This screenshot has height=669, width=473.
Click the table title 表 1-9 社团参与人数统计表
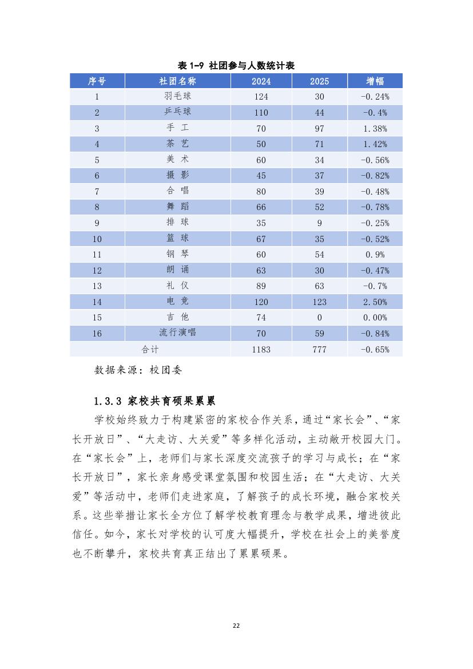point(236,66)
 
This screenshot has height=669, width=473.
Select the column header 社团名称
point(177,81)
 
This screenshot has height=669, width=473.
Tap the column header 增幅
point(375,81)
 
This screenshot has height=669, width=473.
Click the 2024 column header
point(261,81)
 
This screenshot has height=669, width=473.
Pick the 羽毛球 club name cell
point(177,97)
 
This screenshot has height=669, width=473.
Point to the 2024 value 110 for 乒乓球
point(261,113)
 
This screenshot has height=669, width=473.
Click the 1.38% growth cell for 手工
point(375,129)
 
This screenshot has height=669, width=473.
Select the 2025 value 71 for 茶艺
point(319,144)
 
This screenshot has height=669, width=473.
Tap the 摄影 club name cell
point(177,176)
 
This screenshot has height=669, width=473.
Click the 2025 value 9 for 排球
point(319,223)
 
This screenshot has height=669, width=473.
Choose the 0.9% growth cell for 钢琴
point(375,255)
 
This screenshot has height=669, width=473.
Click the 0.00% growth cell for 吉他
point(375,318)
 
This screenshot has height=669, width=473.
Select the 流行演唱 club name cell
point(177,333)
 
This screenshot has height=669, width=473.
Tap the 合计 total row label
point(150,349)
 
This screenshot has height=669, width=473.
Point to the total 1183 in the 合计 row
point(261,349)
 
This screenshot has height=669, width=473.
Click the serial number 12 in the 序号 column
point(97,270)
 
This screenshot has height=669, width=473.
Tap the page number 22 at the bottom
point(236,626)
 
